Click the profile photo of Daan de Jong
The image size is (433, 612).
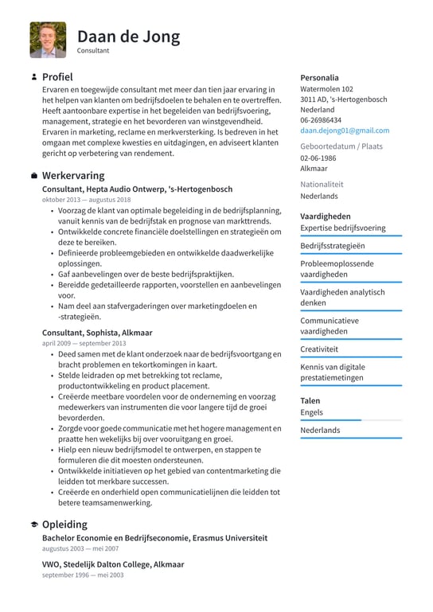point(49,40)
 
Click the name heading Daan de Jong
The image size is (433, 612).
point(128,36)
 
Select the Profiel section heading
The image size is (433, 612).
point(57,77)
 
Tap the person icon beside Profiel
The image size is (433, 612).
point(33,77)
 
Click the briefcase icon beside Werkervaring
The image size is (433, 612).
point(33,175)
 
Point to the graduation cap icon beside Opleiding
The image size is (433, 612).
point(33,524)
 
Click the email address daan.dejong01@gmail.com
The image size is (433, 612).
point(345,130)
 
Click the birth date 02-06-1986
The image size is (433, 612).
point(318,158)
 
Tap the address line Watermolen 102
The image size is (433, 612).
point(326,89)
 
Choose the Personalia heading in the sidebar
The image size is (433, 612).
point(319,77)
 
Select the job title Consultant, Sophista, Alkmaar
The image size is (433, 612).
point(97,332)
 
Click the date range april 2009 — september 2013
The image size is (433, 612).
point(84,343)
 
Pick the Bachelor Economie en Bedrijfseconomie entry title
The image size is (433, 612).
point(154,538)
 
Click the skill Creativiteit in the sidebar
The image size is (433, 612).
point(319,349)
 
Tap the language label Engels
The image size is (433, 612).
point(312,412)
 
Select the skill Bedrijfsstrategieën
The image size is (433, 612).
point(332,246)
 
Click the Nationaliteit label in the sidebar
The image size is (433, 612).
point(322,183)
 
